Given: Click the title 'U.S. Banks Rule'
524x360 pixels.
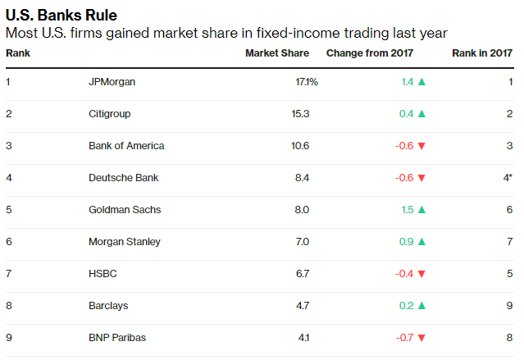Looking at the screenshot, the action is pyautogui.click(x=62, y=16).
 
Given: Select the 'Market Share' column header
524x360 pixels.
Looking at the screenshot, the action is pyautogui.click(x=277, y=53).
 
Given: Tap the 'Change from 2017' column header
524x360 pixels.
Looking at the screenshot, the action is pyautogui.click(x=370, y=53).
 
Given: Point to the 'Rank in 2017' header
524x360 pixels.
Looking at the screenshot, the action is pyautogui.click(x=482, y=53).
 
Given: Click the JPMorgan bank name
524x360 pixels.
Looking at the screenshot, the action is pyautogui.click(x=112, y=82).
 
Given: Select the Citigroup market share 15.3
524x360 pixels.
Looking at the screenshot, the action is pyautogui.click(x=300, y=114).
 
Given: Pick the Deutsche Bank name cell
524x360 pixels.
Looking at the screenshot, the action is pyautogui.click(x=123, y=178).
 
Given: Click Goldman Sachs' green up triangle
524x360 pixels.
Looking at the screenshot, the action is pyautogui.click(x=421, y=210).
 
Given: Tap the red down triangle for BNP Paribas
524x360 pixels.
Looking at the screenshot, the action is pyautogui.click(x=421, y=338).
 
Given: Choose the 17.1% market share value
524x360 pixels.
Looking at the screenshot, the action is pyautogui.click(x=307, y=82).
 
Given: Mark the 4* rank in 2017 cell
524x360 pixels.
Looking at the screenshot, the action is pyautogui.click(x=508, y=177).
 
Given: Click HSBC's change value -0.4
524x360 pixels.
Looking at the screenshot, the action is pyautogui.click(x=404, y=274).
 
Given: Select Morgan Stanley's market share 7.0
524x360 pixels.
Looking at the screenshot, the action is pyautogui.click(x=303, y=242).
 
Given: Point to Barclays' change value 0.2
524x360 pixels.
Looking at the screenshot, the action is pyautogui.click(x=407, y=306).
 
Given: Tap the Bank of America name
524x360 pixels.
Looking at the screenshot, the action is pyautogui.click(x=126, y=146).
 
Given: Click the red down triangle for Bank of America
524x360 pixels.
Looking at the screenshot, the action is pyautogui.click(x=421, y=146).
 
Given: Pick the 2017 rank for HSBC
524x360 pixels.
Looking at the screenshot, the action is pyautogui.click(x=509, y=274).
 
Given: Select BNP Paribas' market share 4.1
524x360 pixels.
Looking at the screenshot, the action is pyautogui.click(x=303, y=338).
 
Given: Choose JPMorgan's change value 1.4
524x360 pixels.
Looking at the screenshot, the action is pyautogui.click(x=408, y=82).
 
